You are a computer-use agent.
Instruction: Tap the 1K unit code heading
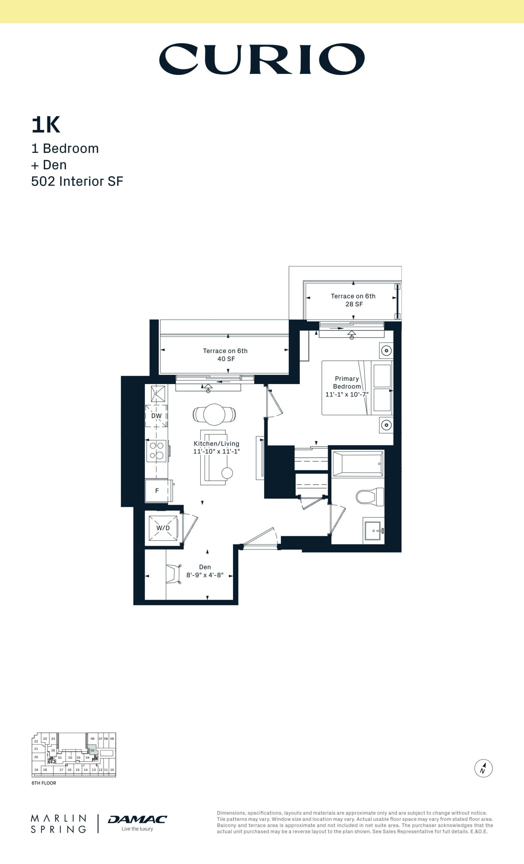click(46, 125)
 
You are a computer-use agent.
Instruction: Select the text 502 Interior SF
click(77, 181)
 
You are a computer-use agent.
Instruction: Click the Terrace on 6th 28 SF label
click(353, 300)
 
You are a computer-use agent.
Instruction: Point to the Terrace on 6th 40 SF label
click(225, 354)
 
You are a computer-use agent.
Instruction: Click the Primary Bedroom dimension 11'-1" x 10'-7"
click(347, 394)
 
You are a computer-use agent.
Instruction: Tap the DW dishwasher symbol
click(156, 416)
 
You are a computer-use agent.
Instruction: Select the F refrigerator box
click(156, 491)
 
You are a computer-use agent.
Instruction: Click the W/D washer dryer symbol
click(163, 528)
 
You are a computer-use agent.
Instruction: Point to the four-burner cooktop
click(156, 451)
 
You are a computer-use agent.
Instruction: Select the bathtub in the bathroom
click(358, 464)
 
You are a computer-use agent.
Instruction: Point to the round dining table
click(214, 414)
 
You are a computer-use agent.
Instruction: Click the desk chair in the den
click(174, 574)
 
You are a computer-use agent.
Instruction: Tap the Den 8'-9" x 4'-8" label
click(205, 571)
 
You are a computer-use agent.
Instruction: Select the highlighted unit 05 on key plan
click(92, 750)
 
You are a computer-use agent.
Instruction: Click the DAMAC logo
click(137, 819)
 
